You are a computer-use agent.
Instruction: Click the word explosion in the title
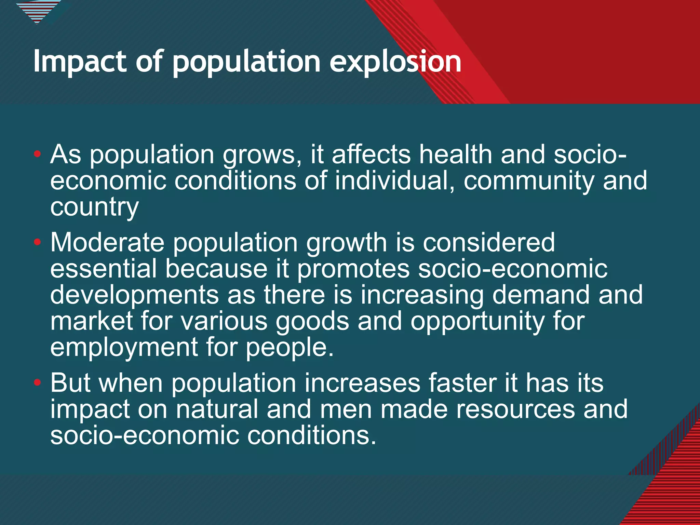tap(395, 62)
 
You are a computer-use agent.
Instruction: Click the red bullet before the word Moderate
tap(38, 242)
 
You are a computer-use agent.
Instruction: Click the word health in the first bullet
tap(456, 154)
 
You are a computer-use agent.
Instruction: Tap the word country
tap(94, 207)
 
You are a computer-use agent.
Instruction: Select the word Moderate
tap(107, 242)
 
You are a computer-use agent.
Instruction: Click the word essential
tap(104, 269)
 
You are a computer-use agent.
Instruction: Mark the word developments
tap(134, 295)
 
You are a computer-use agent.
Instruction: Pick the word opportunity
tap(477, 322)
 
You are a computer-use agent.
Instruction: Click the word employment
tap(124, 348)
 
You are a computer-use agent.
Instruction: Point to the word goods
tap(312, 322)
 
